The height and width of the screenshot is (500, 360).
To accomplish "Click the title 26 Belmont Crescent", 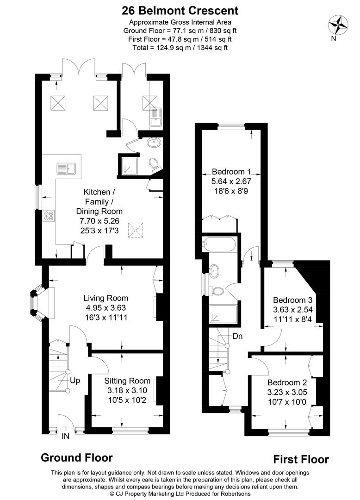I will (180, 10).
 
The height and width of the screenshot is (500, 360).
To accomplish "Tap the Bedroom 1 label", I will (231, 170).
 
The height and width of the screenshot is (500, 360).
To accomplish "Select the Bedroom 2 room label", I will (286, 382).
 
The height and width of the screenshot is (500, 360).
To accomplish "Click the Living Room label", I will (106, 298).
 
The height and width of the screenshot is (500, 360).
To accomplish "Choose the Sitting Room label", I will (127, 381).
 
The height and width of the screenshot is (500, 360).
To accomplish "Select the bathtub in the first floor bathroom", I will (219, 244).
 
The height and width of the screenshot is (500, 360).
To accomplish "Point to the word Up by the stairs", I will (75, 381).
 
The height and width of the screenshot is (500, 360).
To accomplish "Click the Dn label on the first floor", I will (238, 336).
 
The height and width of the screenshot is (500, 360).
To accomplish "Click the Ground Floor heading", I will (77, 457).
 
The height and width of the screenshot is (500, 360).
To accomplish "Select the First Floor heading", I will (301, 459).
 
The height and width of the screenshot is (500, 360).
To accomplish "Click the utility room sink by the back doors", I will (155, 119).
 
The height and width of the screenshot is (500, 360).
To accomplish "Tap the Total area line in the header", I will (180, 47).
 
